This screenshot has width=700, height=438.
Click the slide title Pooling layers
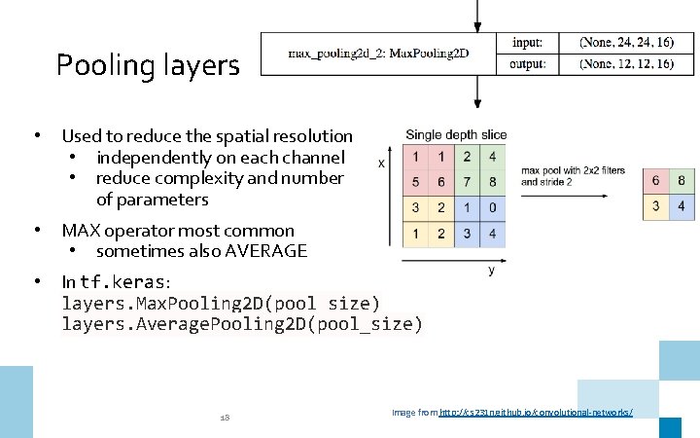click(x=147, y=65)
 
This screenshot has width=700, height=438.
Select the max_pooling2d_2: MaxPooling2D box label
click(x=378, y=53)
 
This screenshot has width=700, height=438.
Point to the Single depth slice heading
click(x=455, y=134)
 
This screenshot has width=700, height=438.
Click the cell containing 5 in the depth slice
click(x=416, y=182)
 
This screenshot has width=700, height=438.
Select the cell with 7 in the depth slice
click(x=468, y=182)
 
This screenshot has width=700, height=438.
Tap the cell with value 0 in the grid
click(x=494, y=207)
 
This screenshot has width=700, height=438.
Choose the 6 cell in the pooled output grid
click(x=656, y=182)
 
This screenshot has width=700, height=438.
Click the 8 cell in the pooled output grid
click(x=682, y=182)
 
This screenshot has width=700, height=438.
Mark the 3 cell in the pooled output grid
click(x=656, y=206)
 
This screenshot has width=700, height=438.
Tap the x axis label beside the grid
click(x=381, y=164)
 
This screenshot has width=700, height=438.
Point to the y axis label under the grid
click(x=491, y=271)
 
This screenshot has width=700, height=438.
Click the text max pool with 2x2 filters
click(x=573, y=171)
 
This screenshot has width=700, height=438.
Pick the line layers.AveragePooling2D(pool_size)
click(x=242, y=324)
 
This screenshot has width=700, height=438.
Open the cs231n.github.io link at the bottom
click(x=536, y=413)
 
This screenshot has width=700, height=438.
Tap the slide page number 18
click(x=225, y=417)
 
